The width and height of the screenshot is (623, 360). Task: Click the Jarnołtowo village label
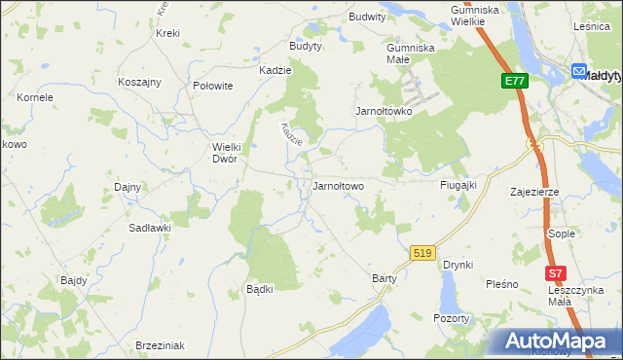(x=337, y=186)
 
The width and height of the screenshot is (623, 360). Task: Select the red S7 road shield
(x=555, y=274)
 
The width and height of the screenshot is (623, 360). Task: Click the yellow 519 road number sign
(x=421, y=253)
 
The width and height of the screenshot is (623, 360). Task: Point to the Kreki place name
(x=167, y=33)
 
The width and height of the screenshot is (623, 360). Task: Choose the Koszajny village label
(x=139, y=83)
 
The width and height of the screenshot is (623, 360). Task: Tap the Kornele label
(x=34, y=97)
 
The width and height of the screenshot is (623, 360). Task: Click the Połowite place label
(x=213, y=86)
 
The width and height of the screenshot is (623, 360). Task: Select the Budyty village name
(x=306, y=46)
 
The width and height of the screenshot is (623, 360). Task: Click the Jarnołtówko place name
(x=384, y=111)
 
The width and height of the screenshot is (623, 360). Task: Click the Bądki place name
(x=259, y=289)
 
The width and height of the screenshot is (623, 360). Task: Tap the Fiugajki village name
(x=457, y=185)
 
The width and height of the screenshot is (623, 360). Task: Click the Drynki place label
(x=458, y=265)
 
